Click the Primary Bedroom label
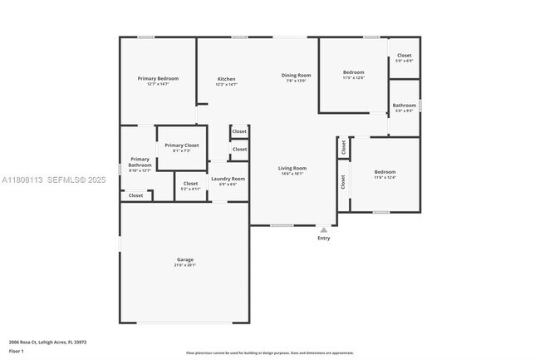pos(158,78)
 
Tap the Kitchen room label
pos(227,79)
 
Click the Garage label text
pos(184,259)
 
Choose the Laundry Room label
pos(228,179)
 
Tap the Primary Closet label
pos(182,145)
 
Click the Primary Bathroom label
pos(140,161)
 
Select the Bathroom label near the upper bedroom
pos(405,106)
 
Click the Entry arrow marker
pos(324,229)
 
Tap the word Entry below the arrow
pos(324,239)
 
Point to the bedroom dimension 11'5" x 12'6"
pos(354,77)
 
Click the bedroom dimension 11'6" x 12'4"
pos(385,177)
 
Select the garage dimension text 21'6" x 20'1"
pos(184,265)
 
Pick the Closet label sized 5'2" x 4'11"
pos(191,189)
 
